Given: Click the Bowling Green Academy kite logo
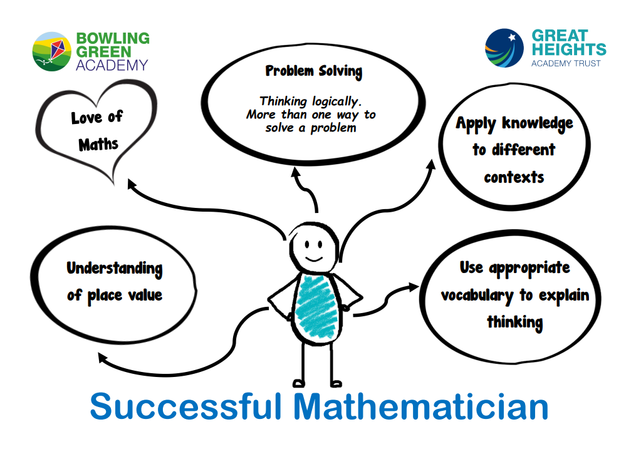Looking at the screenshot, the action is coord(52,51).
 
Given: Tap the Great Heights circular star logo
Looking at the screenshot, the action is coord(504,48).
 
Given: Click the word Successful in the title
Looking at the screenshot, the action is coord(185,406).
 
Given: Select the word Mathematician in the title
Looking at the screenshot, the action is coord(420,406).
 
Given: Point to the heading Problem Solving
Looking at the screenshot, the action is coord(313,71).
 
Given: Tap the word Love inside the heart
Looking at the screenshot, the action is coord(86,118).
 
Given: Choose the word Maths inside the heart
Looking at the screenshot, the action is coord(98,144).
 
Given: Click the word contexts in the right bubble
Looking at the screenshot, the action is coord(514,177).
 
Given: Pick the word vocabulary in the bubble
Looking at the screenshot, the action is coord(477,296).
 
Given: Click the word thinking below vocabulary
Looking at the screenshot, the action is coord(514,323).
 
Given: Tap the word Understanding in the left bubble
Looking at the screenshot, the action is coord(115,269).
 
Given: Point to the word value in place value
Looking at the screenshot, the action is coord(145,295).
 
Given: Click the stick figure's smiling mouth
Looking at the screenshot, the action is coord(313,258).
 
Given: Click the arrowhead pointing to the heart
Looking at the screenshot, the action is coord(132,183).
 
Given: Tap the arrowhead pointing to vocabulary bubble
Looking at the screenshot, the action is coord(414,287).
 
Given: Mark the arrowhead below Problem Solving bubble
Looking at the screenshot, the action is coord(296,172).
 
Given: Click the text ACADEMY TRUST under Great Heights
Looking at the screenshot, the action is coord(566,63).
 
